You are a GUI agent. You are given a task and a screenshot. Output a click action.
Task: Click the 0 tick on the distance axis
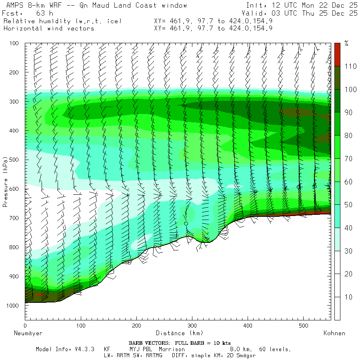(25, 326)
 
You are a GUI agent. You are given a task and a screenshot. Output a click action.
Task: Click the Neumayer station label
(28, 333)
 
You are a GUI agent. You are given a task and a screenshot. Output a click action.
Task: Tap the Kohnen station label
(334, 333)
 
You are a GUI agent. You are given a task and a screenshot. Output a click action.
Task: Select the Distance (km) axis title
(179, 333)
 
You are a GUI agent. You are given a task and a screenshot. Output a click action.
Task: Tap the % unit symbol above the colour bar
(346, 44)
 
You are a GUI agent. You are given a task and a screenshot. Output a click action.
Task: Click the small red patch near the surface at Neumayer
(38, 295)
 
